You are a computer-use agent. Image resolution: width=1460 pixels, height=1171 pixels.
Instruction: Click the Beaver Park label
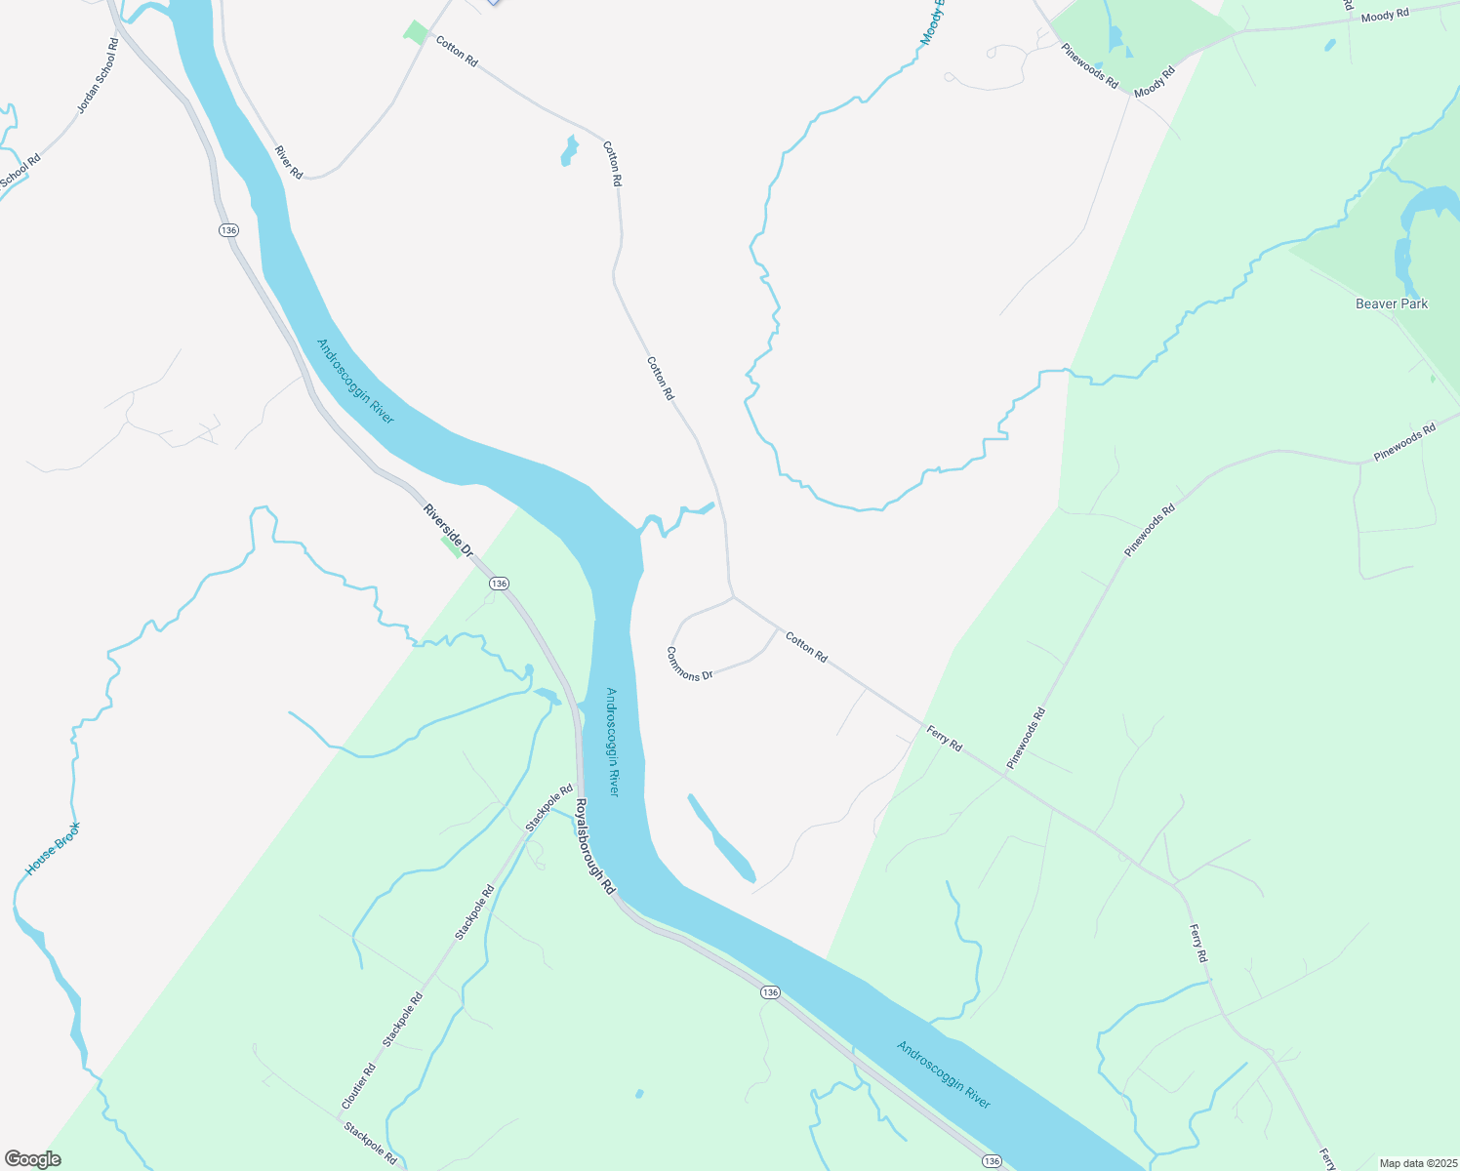(1391, 303)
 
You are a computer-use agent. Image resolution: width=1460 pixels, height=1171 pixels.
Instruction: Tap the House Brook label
(53, 848)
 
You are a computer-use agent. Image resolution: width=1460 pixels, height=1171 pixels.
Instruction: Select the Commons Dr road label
(690, 663)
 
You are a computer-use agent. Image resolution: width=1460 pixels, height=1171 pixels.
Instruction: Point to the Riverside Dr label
(447, 530)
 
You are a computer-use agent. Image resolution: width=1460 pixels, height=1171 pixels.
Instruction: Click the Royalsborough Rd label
(594, 847)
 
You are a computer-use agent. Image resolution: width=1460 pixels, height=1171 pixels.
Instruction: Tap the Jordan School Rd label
(98, 76)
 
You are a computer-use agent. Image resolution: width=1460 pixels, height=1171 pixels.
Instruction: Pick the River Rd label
(289, 162)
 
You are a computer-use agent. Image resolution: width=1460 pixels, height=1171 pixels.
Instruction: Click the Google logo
(32, 1159)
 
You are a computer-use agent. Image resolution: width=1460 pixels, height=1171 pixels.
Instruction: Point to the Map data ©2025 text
(1416, 1162)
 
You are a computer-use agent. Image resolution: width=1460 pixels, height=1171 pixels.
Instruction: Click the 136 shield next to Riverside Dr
(499, 583)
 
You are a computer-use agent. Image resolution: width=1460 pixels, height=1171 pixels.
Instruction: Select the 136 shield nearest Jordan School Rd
(228, 229)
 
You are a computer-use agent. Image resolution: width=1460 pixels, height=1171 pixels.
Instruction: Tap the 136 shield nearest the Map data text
(992, 1160)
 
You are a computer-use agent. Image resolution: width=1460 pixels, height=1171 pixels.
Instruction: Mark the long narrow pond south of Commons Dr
(721, 839)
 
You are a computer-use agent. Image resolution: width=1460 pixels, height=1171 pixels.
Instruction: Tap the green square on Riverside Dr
(451, 545)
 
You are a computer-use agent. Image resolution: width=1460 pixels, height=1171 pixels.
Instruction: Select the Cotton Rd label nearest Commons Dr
(807, 648)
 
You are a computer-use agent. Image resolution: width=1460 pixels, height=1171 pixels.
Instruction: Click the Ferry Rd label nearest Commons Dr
(944, 739)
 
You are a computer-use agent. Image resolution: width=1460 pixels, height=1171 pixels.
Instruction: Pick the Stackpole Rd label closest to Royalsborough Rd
(549, 807)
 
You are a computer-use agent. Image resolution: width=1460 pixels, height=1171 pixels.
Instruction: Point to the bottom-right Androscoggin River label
(944, 1074)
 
